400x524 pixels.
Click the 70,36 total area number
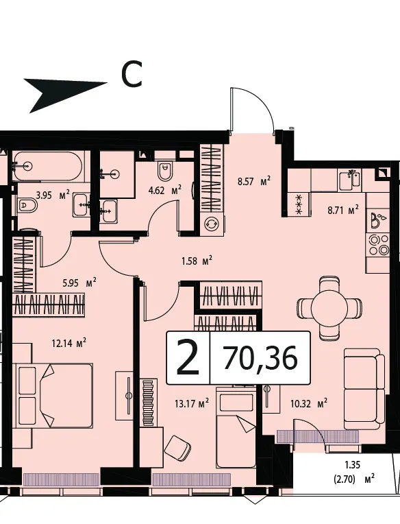tap(260, 357)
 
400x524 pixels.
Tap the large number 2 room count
tap(188, 357)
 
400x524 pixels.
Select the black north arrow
tap(65, 94)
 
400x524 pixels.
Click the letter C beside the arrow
tap(132, 75)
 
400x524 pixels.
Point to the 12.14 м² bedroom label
tap(69, 343)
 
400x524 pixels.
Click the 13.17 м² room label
tap(192, 403)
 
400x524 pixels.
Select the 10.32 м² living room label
tap(309, 403)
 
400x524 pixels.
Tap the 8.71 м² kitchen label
tap(343, 211)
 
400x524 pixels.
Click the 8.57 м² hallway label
tap(254, 182)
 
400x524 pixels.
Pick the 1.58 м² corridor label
tap(197, 261)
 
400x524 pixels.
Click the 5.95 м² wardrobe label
tap(79, 283)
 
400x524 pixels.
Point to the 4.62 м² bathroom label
tap(165, 191)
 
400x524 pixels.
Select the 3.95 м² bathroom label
tap(53, 195)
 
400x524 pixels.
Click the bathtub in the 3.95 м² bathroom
tap(47, 166)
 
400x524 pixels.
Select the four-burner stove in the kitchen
tap(379, 245)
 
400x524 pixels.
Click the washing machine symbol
tap(211, 223)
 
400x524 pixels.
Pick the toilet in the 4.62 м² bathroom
tap(165, 170)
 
